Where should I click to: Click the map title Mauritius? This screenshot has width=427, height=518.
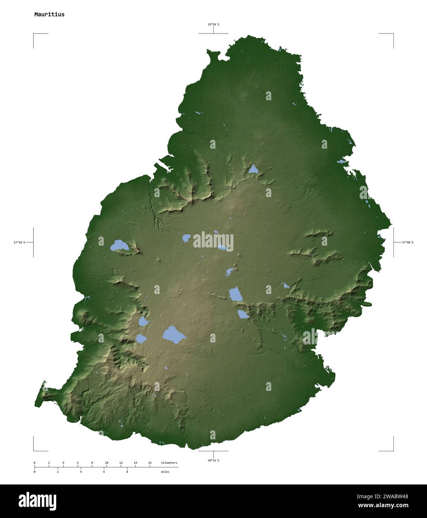click(49, 15)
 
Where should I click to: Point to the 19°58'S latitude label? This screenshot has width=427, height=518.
click(213, 25)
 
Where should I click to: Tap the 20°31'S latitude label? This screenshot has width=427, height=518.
click(213, 461)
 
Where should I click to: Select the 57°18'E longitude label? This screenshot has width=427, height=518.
click(20, 243)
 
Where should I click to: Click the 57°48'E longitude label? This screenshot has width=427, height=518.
click(407, 243)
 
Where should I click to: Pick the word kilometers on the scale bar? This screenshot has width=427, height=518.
click(169, 463)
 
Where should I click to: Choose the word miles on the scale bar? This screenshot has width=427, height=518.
click(165, 472)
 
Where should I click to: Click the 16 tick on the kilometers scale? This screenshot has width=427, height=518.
click(150, 463)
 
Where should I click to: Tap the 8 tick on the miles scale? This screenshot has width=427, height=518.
click(127, 472)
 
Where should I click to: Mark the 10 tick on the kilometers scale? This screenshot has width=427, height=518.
click(106, 463)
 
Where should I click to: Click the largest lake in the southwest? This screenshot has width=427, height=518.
click(173, 334)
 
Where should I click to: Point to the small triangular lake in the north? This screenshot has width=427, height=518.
click(254, 170)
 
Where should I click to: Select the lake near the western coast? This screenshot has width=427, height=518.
click(119, 245)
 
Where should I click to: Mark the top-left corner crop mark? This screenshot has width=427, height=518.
click(34, 34)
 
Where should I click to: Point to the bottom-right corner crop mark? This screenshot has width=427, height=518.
click(393, 450)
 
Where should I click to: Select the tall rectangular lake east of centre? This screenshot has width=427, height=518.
click(235, 294)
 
